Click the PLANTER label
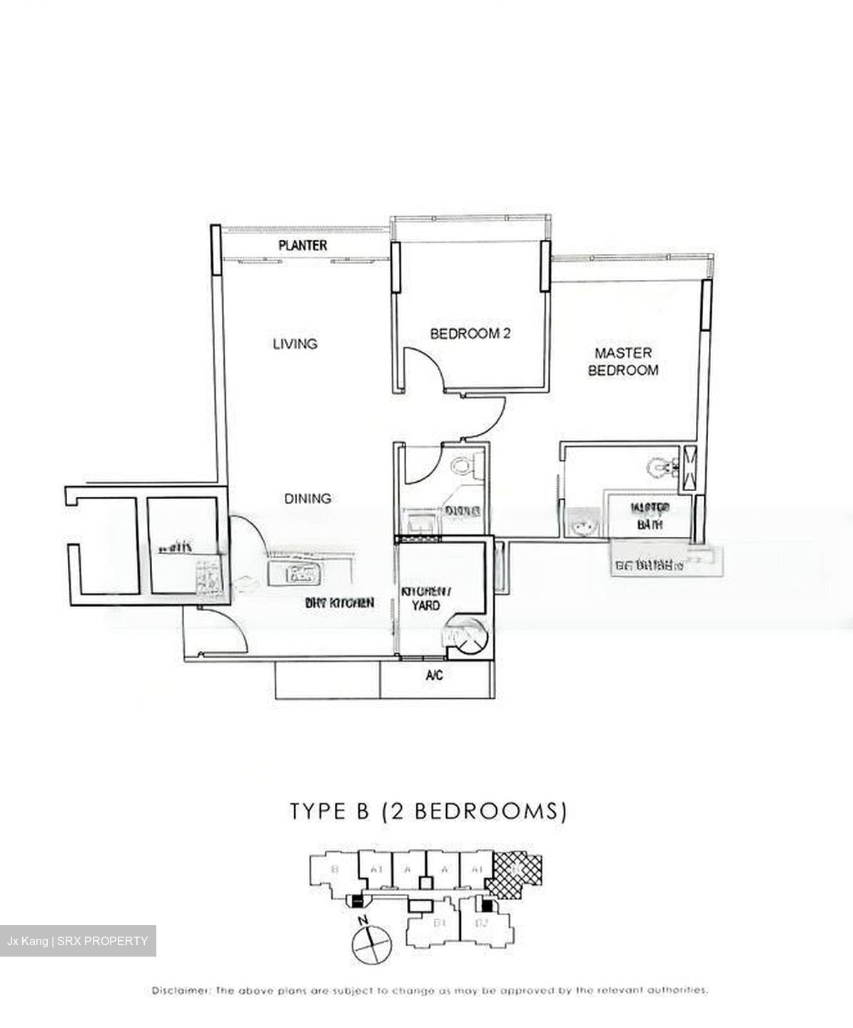303,246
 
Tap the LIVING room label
295,344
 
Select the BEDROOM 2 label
470,333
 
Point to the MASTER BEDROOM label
623,361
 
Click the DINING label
308,498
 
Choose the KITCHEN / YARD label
426,598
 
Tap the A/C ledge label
434,675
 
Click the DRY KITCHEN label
339,603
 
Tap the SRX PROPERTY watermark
78,941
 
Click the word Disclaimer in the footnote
181,990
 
